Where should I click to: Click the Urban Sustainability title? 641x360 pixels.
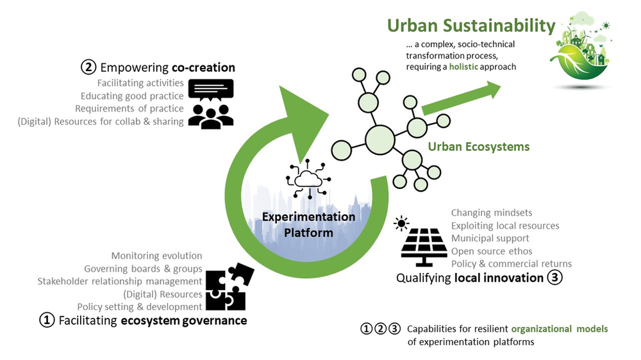tap(470, 26)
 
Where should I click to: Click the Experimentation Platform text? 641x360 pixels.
tap(308, 224)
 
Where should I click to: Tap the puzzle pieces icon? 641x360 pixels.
tap(228, 286)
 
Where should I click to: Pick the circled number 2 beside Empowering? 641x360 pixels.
tap(88, 67)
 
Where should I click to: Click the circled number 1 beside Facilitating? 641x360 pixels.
tap(47, 320)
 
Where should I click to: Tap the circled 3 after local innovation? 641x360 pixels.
tap(554, 278)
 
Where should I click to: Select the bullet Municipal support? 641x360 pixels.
tap(490, 238)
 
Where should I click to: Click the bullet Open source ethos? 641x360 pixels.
tap(492, 251)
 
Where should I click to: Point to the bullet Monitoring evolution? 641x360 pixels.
tap(156, 256)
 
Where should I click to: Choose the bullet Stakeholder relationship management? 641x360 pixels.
tap(120, 281)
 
